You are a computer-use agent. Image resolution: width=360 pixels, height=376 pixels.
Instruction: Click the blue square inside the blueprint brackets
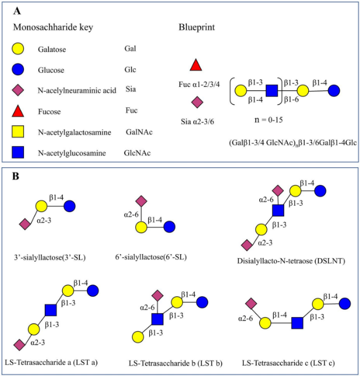click(x=271, y=91)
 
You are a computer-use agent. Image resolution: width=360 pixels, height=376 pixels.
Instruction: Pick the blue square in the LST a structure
click(x=51, y=310)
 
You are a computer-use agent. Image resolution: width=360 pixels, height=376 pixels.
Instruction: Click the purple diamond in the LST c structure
click(x=252, y=303)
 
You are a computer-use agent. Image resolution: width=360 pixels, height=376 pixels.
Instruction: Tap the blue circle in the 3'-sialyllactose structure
click(x=70, y=206)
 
